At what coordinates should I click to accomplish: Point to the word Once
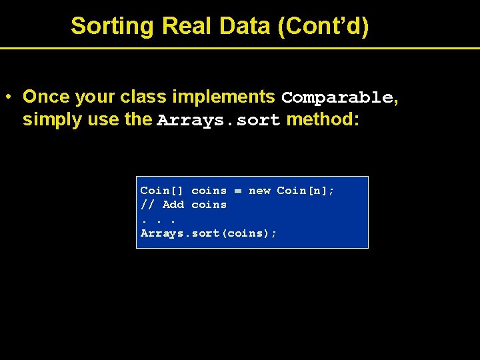click(46, 97)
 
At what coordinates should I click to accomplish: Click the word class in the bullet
click(143, 97)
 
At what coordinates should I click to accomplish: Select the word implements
click(223, 97)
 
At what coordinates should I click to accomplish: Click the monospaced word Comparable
click(337, 97)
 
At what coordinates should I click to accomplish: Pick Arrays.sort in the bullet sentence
click(219, 121)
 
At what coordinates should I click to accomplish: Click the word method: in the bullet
click(323, 120)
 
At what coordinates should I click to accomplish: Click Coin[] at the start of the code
click(163, 191)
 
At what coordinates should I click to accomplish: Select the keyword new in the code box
click(259, 191)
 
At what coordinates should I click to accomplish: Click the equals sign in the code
click(237, 191)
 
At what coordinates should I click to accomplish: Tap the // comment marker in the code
click(148, 205)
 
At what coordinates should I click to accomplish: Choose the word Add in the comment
click(173, 205)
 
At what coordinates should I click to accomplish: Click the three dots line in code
click(158, 220)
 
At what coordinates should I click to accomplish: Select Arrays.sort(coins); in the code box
click(209, 233)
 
